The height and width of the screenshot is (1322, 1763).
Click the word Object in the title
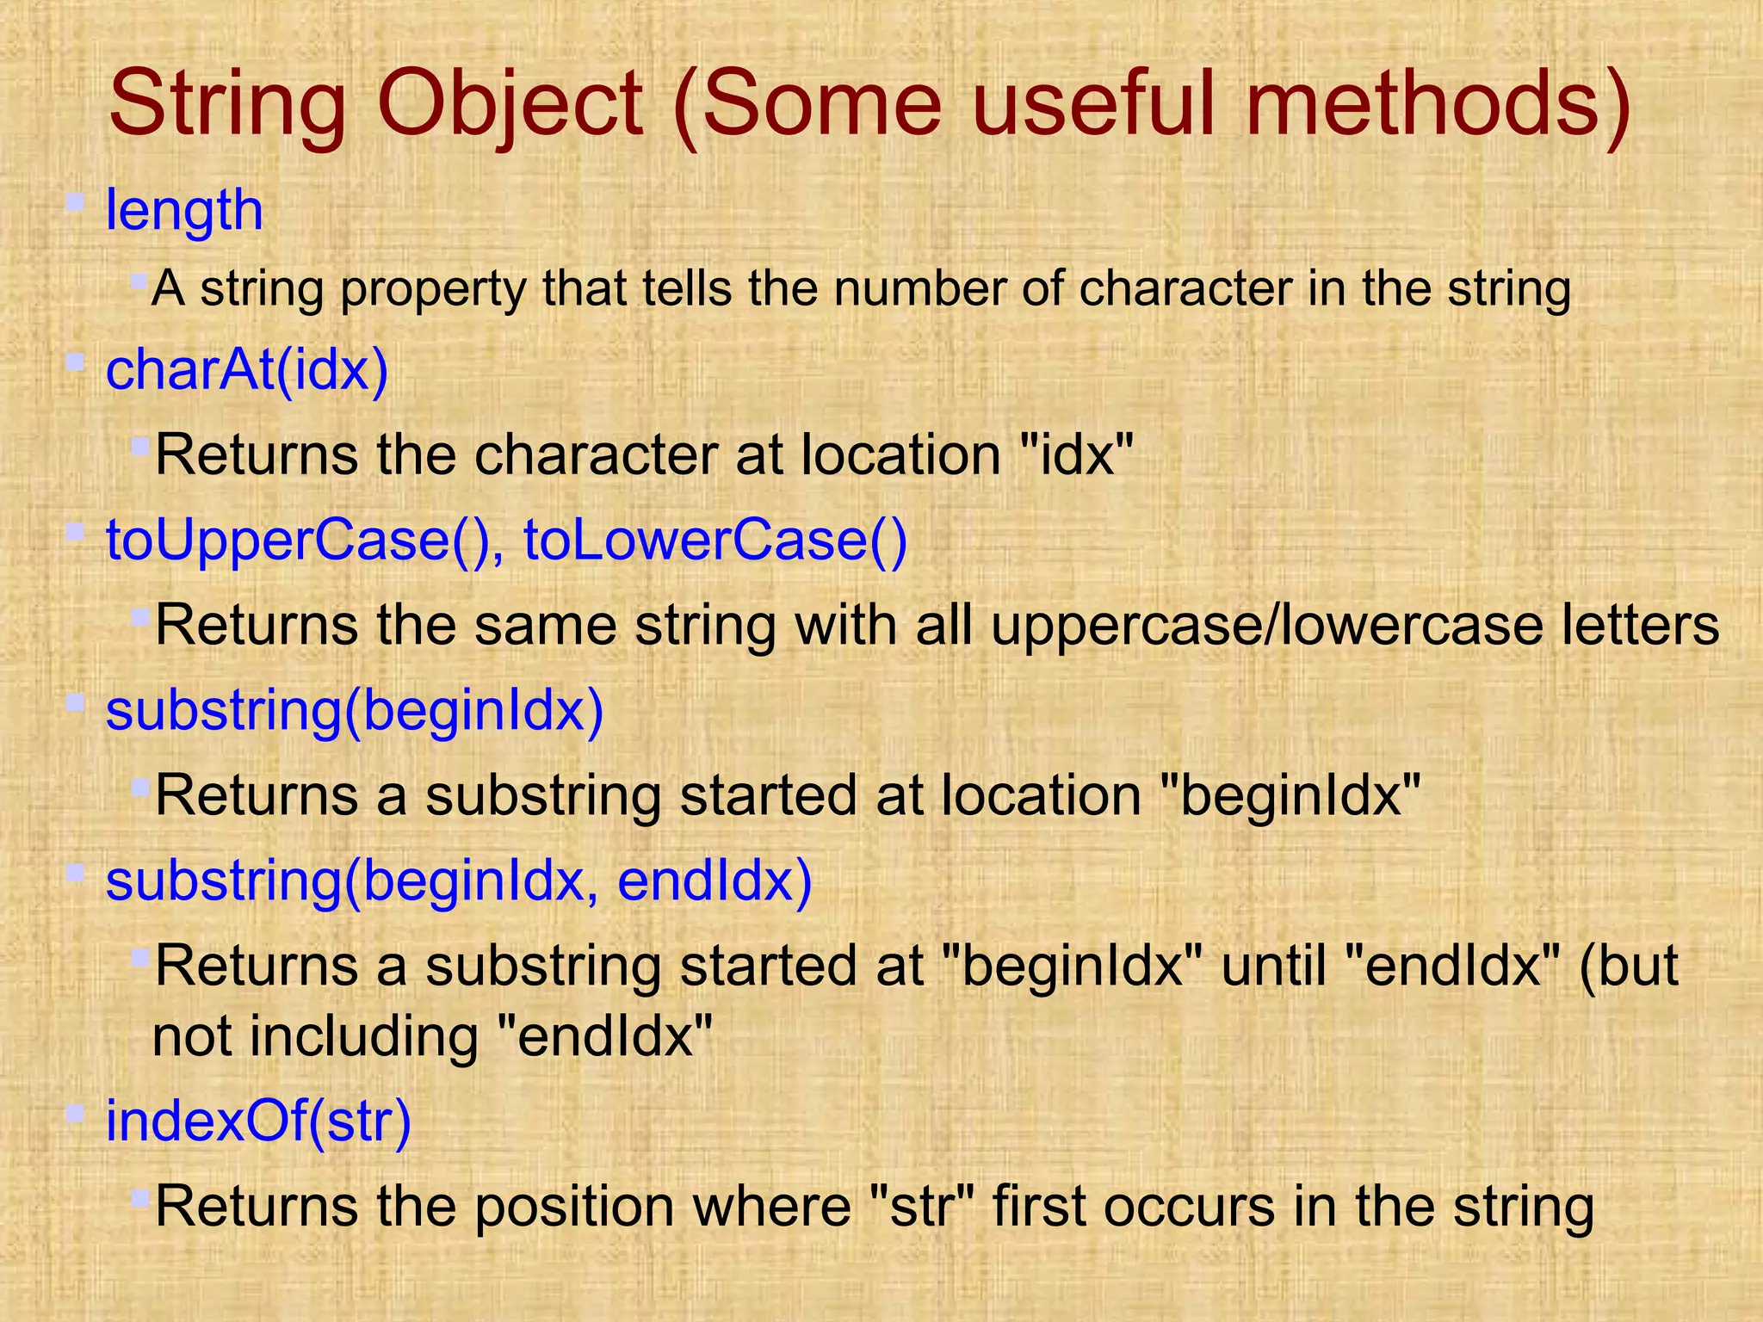pos(510,105)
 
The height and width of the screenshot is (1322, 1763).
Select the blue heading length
pos(183,210)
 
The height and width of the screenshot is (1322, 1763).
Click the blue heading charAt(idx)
pos(247,370)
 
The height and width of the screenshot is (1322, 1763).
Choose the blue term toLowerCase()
pos(715,541)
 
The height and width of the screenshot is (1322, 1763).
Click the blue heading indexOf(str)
pos(258,1121)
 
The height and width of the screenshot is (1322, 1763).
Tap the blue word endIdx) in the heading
pos(714,880)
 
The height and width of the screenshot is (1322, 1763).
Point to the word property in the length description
pos(433,289)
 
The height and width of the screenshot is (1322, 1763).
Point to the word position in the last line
pos(574,1207)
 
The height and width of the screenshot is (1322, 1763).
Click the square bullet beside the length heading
pos(76,203)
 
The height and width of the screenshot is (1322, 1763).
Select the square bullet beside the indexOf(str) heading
pos(76,1114)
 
